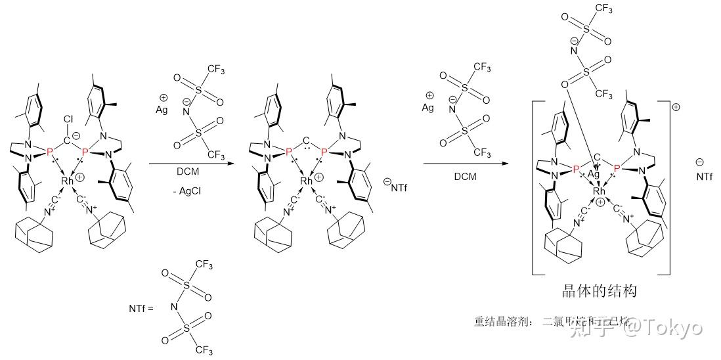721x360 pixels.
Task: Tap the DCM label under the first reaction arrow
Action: pos(188,173)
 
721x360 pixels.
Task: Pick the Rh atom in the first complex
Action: pos(68,181)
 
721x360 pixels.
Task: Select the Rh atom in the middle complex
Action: pos(307,181)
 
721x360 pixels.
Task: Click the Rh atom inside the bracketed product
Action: pos(598,191)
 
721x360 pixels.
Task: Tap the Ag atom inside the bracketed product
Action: pos(594,175)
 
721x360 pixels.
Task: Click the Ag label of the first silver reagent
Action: pos(162,110)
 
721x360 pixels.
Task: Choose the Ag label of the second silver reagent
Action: pos(428,107)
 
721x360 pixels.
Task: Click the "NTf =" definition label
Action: pos(141,307)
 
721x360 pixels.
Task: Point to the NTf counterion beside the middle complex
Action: pos(395,188)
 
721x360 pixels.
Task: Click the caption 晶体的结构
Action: pos(600,291)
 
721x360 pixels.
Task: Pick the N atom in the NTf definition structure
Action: pos(174,307)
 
